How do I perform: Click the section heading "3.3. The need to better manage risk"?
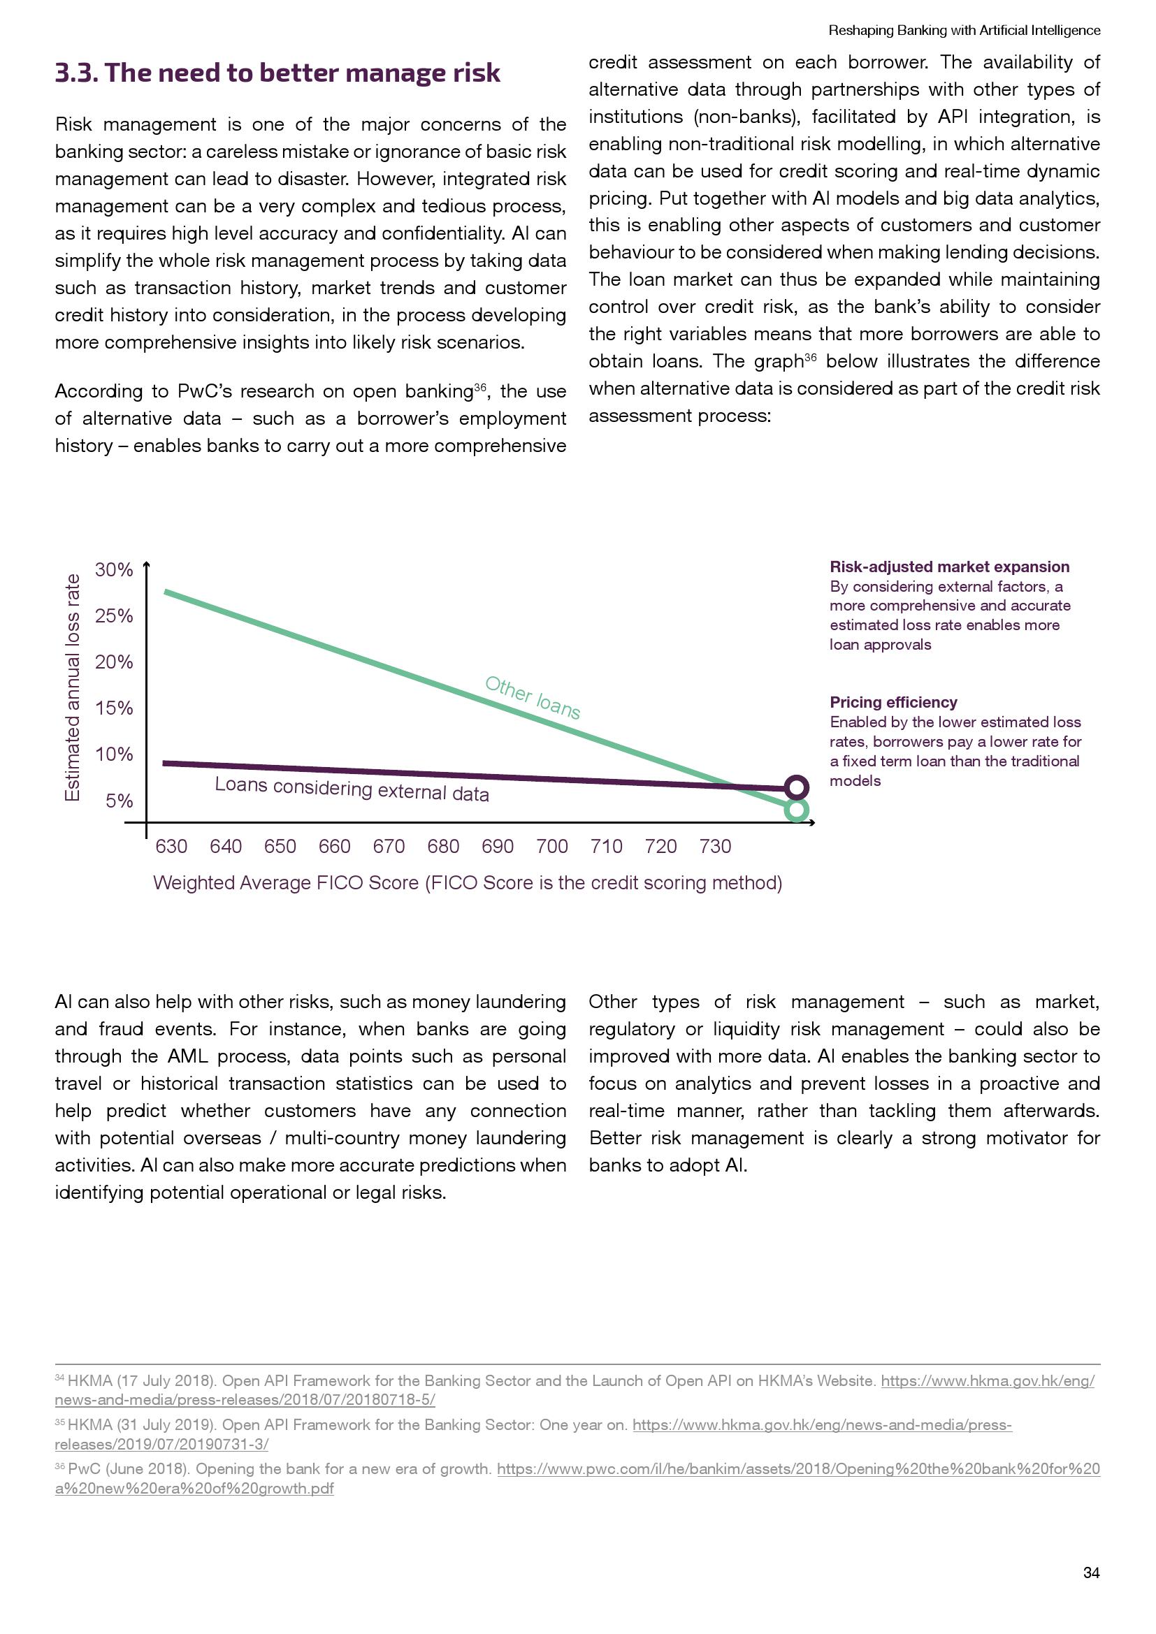coord(277,73)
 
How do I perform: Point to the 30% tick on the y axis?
coord(114,569)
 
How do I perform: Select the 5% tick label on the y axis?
coord(119,801)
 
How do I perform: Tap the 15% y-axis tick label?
coord(114,708)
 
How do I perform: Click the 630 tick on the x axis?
coord(171,846)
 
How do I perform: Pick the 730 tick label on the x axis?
coord(715,846)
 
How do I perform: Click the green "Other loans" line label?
coord(533,697)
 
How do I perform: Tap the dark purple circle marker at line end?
coord(797,787)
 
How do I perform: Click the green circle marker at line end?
coord(797,810)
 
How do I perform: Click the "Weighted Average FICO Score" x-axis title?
coord(467,883)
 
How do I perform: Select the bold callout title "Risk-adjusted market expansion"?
coord(949,567)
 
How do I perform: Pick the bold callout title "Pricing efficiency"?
coord(893,702)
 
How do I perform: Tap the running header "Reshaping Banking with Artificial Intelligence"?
coord(964,31)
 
